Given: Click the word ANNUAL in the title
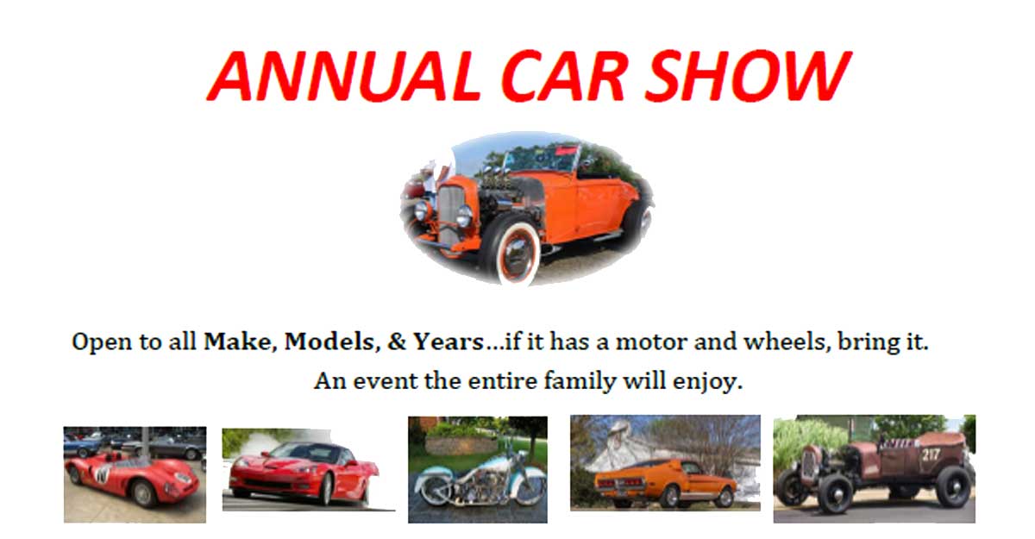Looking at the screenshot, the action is (345, 75).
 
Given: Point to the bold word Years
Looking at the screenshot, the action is (448, 342).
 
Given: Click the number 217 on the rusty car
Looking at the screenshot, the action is (931, 455).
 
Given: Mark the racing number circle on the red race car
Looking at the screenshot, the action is (102, 474).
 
